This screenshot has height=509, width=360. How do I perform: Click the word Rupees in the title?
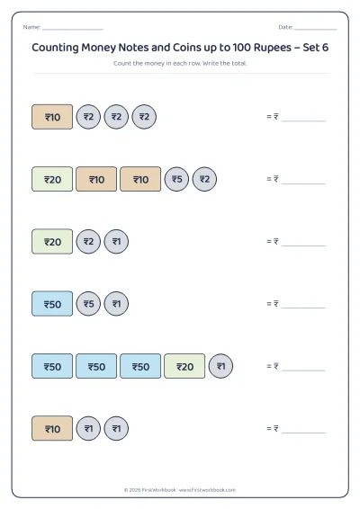(273, 48)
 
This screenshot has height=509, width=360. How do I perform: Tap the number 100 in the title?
(241, 48)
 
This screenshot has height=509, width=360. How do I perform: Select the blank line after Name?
(73, 29)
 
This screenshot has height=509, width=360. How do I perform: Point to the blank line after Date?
(316, 29)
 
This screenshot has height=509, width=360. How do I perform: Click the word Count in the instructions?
(122, 63)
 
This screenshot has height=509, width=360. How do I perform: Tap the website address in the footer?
(207, 490)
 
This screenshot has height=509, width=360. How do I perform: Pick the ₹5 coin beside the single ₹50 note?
(88, 304)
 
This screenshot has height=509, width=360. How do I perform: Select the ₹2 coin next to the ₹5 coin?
(204, 179)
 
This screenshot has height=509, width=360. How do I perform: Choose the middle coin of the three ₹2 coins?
(116, 117)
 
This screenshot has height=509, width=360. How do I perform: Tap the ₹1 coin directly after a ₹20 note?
(220, 366)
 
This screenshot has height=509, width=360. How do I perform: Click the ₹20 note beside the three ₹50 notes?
(184, 366)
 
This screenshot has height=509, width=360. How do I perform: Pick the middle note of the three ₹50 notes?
(96, 366)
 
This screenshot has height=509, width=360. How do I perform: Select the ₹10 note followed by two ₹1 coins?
(52, 428)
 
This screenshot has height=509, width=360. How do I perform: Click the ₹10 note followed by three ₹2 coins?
(52, 117)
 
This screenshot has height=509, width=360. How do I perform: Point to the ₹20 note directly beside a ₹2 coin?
(52, 242)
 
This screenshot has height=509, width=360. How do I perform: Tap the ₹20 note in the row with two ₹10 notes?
(52, 179)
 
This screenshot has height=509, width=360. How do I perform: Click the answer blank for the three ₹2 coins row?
(303, 121)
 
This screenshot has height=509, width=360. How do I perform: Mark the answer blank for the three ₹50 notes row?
(303, 371)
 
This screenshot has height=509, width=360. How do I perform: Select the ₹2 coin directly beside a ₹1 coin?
(88, 242)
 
